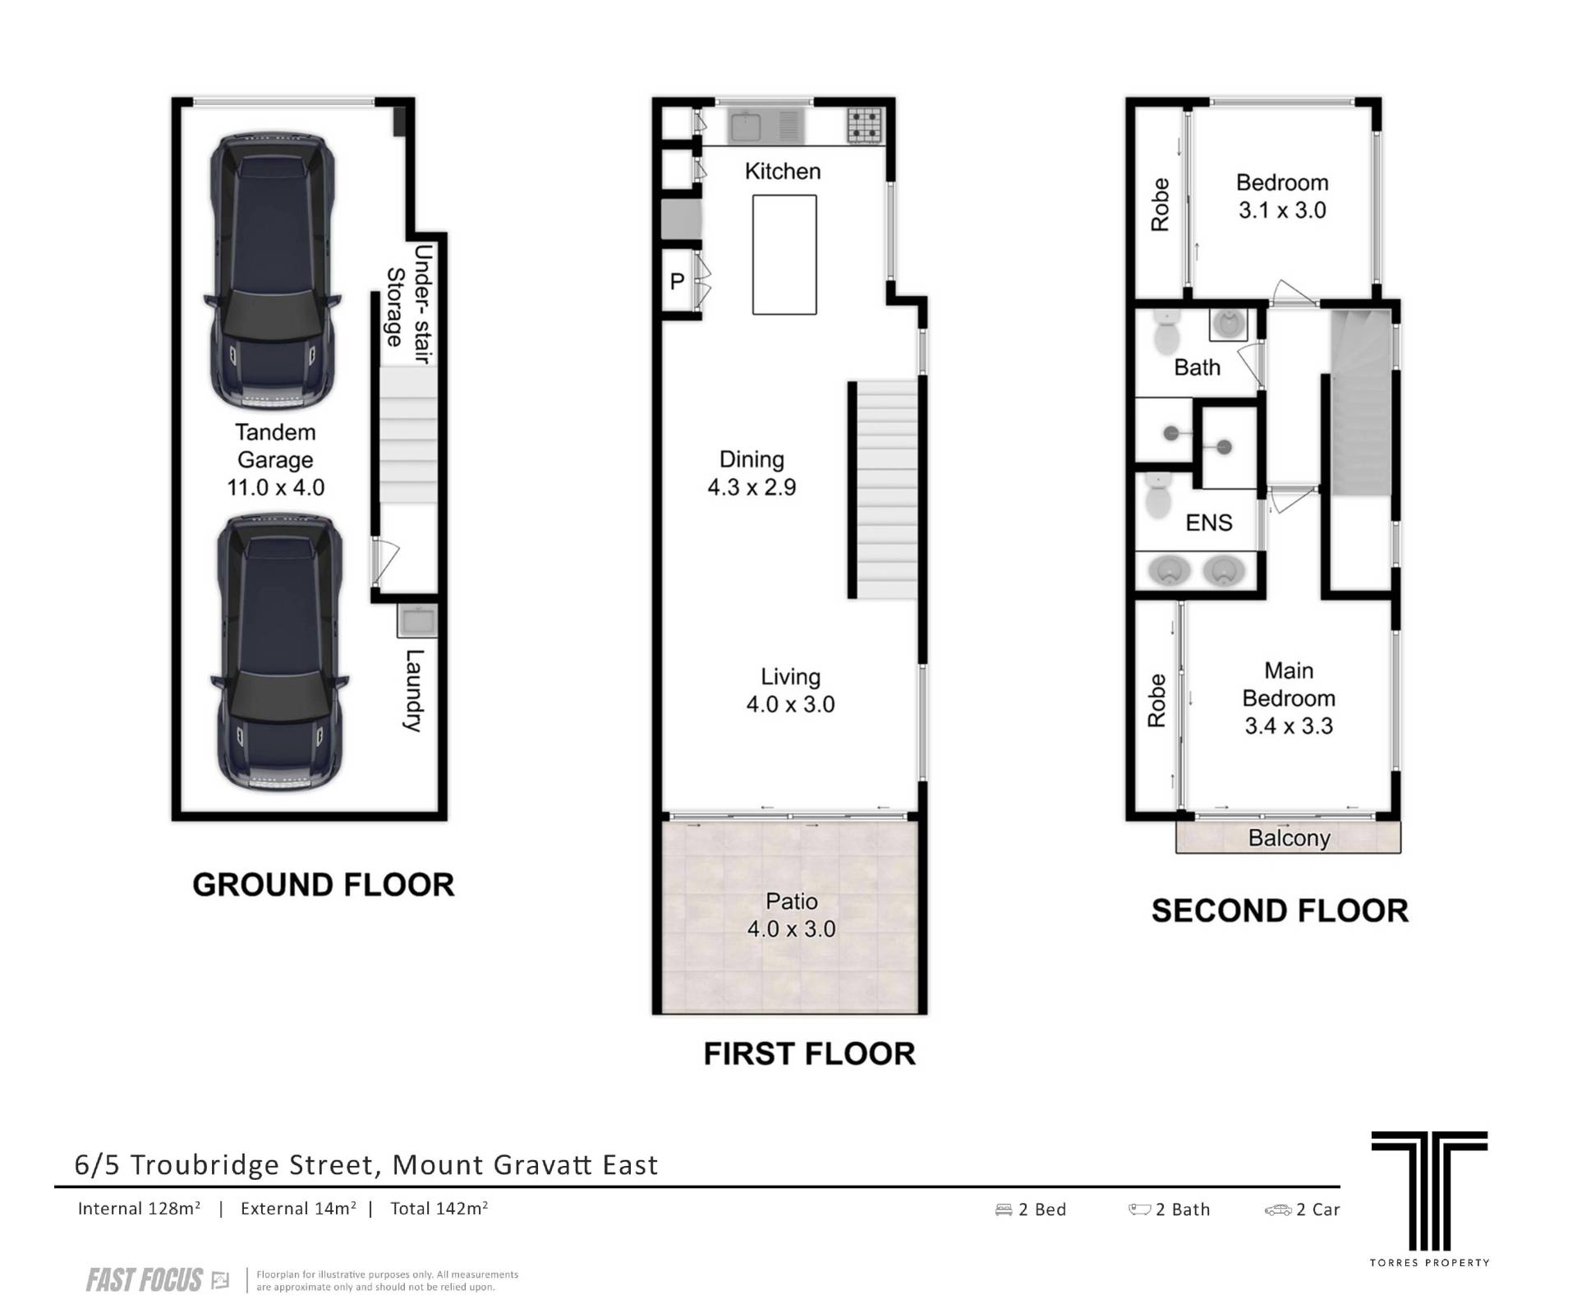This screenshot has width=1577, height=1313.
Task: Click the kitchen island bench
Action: (784, 255)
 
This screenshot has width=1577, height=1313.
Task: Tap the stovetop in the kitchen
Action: (865, 126)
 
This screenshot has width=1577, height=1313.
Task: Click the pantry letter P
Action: (677, 282)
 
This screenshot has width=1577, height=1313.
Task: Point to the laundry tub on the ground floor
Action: (417, 620)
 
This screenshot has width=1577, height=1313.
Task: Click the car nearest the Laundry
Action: (278, 653)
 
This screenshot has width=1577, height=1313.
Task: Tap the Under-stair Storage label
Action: (409, 305)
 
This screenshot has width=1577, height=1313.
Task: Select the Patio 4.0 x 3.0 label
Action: (791, 915)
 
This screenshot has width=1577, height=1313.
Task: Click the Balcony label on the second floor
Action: (1289, 838)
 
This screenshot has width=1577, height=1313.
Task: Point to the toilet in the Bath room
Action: (1166, 332)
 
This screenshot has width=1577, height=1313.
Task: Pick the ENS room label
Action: (1209, 523)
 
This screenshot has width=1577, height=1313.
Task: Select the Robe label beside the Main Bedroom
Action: (1156, 700)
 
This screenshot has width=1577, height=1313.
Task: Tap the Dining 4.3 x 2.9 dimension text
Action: (752, 487)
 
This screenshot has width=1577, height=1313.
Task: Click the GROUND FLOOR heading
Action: (323, 885)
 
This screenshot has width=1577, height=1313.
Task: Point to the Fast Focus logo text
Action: (145, 1280)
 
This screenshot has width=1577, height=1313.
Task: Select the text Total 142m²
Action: (439, 1209)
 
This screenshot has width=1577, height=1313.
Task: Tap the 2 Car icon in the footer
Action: (1278, 1209)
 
